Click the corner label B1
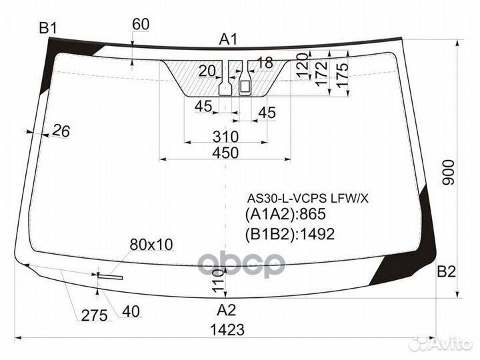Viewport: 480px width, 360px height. pos(48,29)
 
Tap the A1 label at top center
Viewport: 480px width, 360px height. pos(229,40)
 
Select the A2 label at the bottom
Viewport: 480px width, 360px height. pos(226,311)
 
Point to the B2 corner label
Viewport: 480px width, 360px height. pos(446,271)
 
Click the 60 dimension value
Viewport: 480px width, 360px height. pos(141,24)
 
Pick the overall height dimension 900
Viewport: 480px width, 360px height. pos(449,173)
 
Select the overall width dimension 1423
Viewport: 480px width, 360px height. pos(227,330)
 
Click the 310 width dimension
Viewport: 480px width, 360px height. pos(225,137)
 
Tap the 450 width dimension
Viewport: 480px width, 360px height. pos(225,153)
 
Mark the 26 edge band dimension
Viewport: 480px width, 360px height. pos(61,131)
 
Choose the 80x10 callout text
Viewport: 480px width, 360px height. pos(151,244)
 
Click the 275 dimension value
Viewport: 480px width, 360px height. pos(95,315)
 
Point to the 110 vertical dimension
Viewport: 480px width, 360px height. pos(218,281)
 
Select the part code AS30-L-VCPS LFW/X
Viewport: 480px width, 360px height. pos(307,199)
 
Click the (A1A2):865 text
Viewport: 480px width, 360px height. pos(285,214)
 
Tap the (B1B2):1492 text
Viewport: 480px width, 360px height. pos(289,234)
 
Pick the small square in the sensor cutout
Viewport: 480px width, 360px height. pos(245,87)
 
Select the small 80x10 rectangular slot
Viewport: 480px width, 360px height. pos(110,277)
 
